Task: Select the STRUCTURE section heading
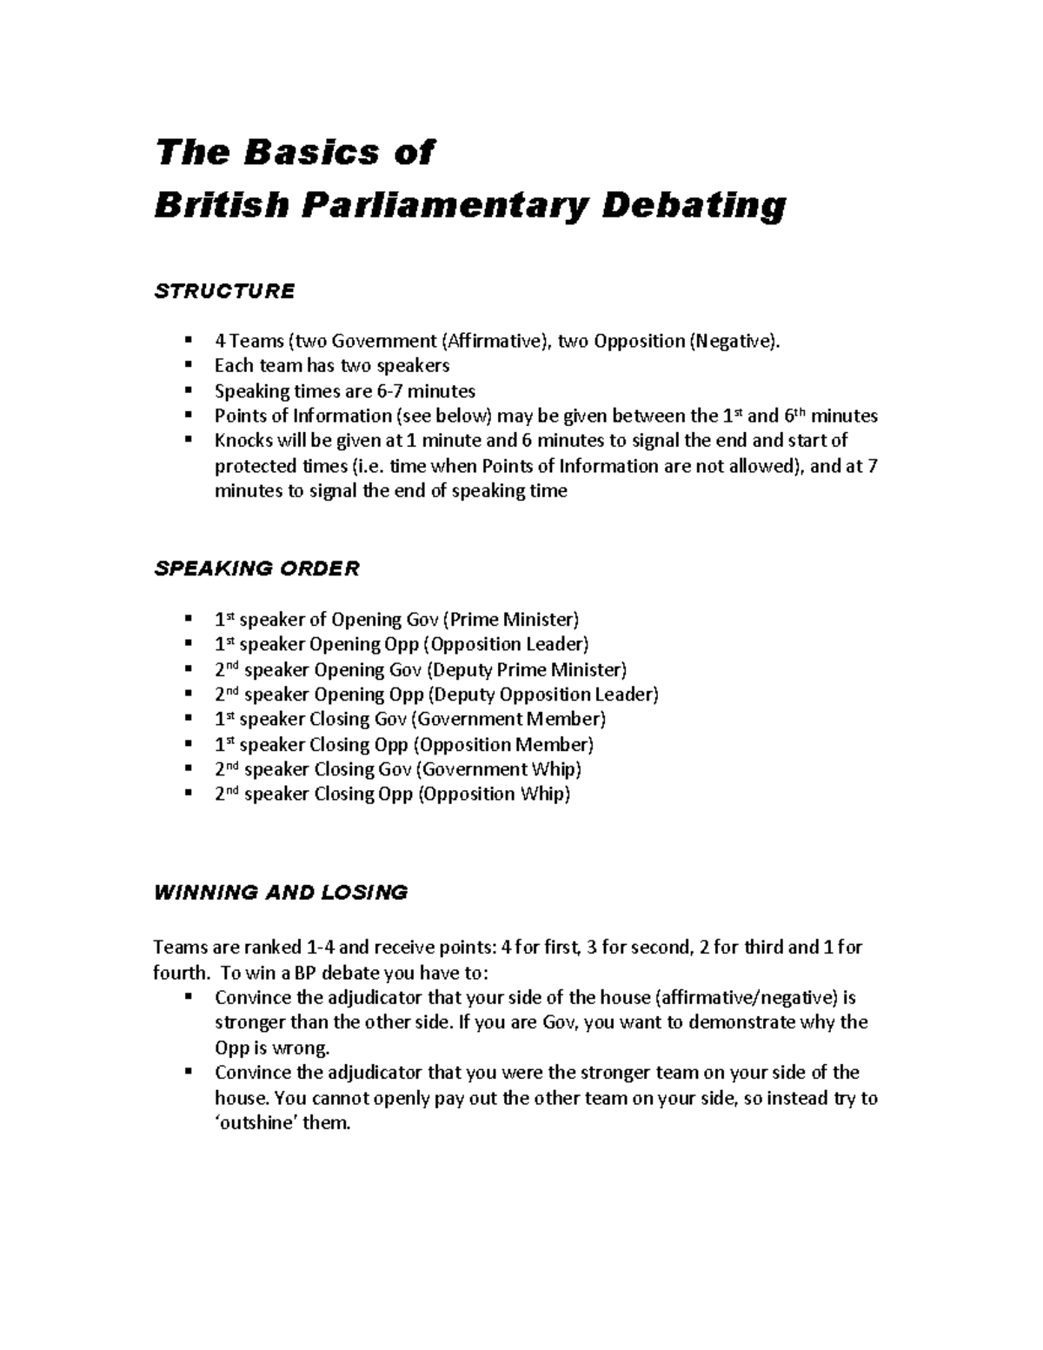(224, 291)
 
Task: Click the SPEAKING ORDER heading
(256, 569)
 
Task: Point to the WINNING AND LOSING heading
(280, 893)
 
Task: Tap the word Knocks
(242, 441)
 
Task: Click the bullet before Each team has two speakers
(188, 366)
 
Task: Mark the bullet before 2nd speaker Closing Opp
(188, 795)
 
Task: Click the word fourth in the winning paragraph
(179, 972)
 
